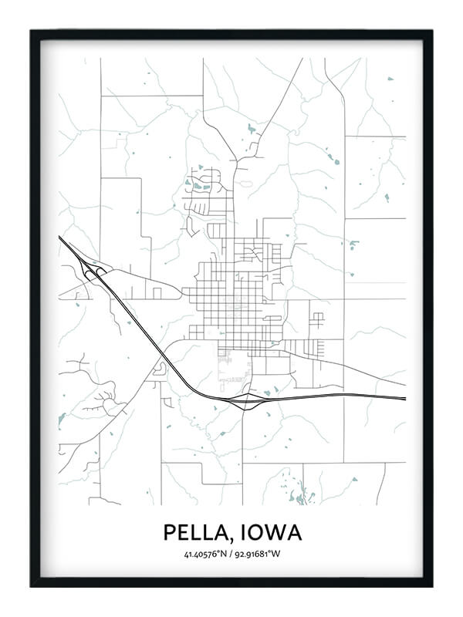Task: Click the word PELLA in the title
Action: pos(195,532)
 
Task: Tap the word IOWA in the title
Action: pos(269,532)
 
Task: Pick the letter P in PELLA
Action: pos(169,532)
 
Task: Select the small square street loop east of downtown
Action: pos(316,319)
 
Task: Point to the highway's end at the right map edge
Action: pos(404,399)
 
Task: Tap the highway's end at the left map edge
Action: pos(60,238)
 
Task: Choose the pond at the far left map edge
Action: pos(62,420)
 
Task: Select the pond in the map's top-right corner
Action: pos(390,79)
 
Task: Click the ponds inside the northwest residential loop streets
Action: pos(199,184)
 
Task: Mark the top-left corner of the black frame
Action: pos(32,32)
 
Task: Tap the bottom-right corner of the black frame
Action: pos(431,585)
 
